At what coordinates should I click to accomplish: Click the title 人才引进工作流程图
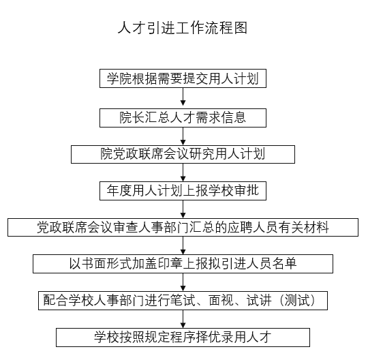click(183, 28)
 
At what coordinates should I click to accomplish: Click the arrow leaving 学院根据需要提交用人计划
click(183, 97)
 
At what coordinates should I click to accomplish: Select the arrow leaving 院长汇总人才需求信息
click(183, 136)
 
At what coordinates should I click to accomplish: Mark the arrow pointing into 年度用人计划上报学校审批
click(183, 172)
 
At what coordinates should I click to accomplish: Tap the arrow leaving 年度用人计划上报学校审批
click(183, 209)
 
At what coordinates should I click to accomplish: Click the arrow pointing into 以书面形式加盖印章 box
click(183, 245)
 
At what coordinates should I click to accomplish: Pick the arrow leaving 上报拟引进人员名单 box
click(183, 282)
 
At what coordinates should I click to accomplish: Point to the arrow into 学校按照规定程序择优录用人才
click(183, 319)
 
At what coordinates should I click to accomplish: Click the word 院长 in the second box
click(132, 117)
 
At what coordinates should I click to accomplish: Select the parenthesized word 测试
click(298, 301)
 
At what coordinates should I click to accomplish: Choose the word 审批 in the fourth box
click(246, 190)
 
